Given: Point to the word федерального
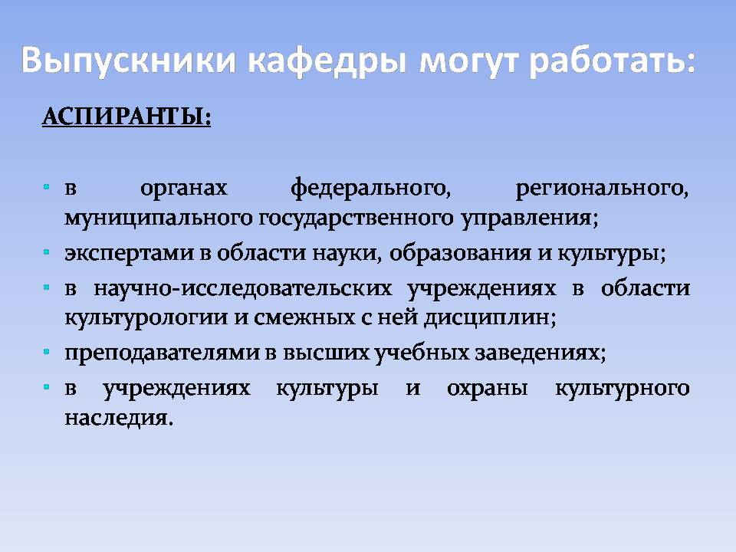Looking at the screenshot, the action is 370,189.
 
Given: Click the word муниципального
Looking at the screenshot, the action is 159,219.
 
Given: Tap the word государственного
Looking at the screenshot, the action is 356,219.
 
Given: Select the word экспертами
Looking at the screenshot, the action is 129,254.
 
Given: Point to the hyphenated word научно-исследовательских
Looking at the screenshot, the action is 243,288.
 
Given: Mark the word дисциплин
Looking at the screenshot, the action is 490,319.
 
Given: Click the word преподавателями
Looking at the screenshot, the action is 162,353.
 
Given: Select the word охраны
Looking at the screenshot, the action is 488,389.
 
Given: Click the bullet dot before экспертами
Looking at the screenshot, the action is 47,252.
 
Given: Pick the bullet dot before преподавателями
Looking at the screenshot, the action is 47,352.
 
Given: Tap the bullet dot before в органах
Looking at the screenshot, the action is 47,187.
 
